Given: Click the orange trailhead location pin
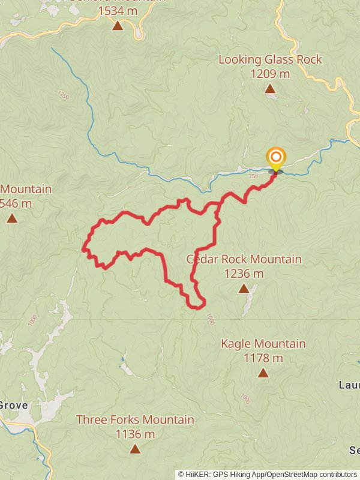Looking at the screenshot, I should point(275,158).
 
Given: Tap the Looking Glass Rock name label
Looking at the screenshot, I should point(270,59).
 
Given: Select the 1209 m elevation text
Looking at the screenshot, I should point(270,74).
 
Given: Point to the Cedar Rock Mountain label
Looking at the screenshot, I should point(244,259).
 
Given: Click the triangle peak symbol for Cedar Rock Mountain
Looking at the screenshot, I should point(244,289).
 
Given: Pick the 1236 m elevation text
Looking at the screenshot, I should point(244,274).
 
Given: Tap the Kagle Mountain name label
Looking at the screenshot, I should point(263,344).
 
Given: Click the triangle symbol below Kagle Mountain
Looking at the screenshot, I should point(263,373).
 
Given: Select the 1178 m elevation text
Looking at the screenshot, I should point(263,358).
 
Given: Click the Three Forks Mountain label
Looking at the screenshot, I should point(135,419).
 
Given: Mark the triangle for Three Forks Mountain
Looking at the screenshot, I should point(135,449).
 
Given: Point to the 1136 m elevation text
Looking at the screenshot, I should point(135,434).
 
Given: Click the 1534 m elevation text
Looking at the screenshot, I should point(118,10).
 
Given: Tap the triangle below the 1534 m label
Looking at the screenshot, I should point(118,25).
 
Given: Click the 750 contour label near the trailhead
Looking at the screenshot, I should point(252,176).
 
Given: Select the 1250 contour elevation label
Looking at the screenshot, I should point(63,95).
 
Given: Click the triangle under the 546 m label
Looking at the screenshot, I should point(12,218).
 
